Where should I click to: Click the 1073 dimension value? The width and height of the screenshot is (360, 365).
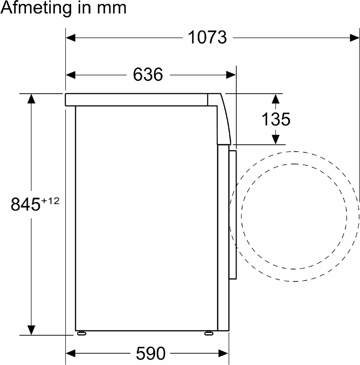point(207,37)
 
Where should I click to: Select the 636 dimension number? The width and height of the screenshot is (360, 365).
point(148,75)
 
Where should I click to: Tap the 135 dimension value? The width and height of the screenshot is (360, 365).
point(276,119)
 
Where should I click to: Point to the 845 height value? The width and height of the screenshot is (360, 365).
point(26,204)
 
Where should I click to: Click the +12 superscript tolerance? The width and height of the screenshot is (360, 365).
point(50,201)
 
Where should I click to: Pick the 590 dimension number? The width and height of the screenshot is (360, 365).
point(151,353)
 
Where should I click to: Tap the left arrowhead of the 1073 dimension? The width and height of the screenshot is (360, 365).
point(71,37)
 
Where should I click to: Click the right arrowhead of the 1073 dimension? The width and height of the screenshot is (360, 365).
point(354,37)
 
